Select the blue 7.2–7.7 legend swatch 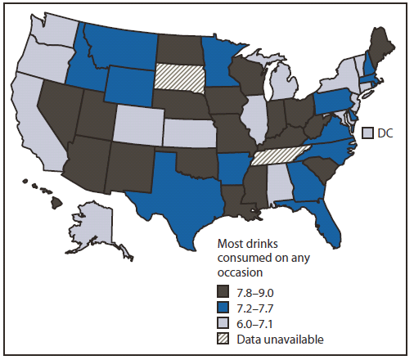(222, 308)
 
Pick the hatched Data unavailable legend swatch (222, 338)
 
